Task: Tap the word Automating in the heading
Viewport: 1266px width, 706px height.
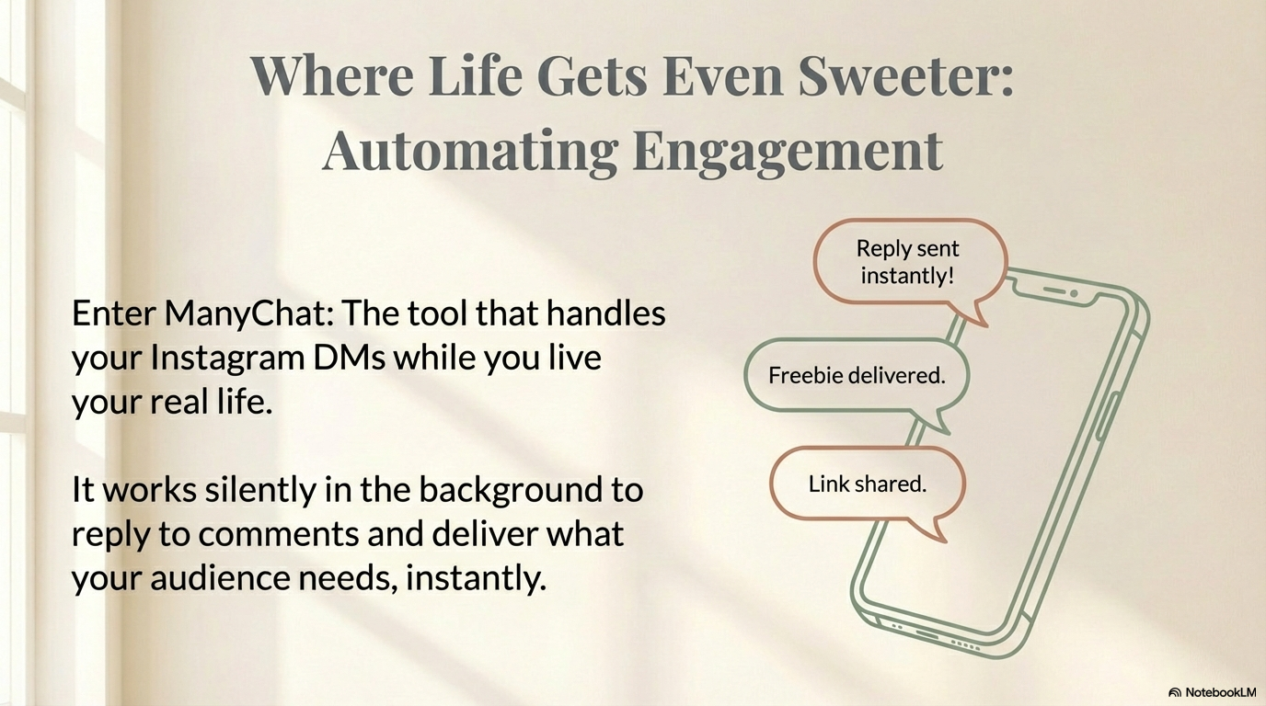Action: click(469, 150)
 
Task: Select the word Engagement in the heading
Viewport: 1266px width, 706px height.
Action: click(788, 150)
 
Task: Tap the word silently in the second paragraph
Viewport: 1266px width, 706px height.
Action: click(259, 490)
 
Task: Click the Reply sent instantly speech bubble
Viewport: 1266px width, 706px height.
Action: click(907, 262)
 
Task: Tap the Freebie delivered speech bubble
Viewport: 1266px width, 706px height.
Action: click(856, 376)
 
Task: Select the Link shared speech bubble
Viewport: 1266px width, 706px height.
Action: click(867, 484)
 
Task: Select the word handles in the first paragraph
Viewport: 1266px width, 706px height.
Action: click(605, 314)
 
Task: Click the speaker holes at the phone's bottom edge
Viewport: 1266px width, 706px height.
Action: click(962, 644)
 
